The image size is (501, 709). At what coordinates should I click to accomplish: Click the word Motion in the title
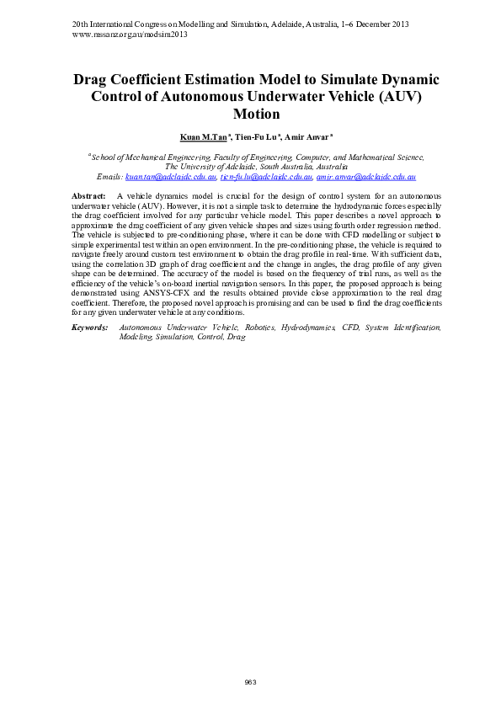pyautogui.click(x=256, y=115)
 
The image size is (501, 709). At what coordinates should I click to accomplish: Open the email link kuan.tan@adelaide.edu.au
pyautogui.click(x=171, y=178)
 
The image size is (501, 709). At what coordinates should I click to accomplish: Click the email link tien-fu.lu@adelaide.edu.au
pyautogui.click(x=266, y=178)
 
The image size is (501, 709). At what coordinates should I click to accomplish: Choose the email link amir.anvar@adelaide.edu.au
pyautogui.click(x=366, y=178)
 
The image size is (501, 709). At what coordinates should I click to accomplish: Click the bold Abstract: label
pyautogui.click(x=90, y=195)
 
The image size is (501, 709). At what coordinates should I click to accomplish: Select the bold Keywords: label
pyautogui.click(x=90, y=326)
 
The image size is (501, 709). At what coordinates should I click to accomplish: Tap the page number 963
pyautogui.click(x=250, y=681)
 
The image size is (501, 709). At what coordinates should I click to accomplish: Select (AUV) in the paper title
pyautogui.click(x=394, y=97)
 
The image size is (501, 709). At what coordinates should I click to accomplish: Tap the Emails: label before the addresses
pyautogui.click(x=109, y=178)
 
